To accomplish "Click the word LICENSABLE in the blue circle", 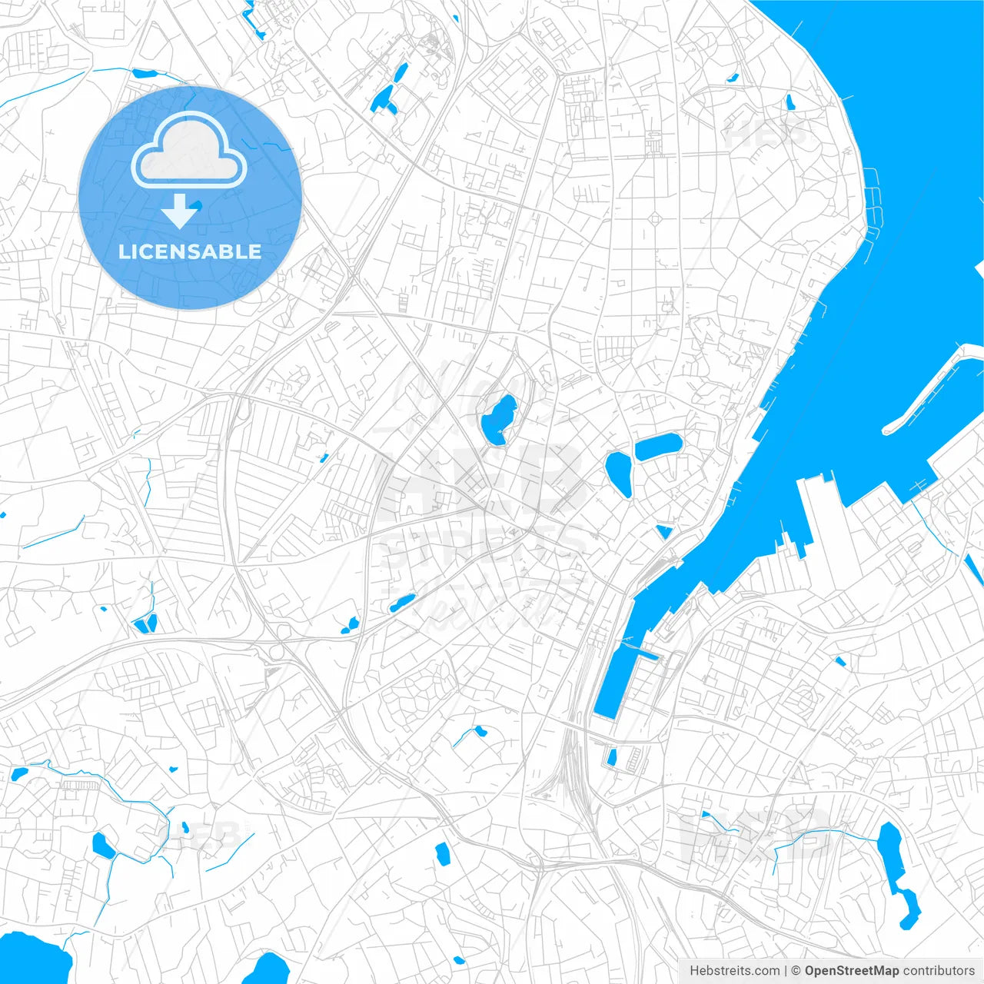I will (190, 252).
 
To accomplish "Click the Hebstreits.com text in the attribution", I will (735, 971).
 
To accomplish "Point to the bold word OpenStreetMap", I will (851, 971).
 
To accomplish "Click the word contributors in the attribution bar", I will (938, 971).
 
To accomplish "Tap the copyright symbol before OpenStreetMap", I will (796, 971).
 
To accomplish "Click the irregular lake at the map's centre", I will (498, 420).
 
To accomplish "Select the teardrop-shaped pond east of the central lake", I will (619, 473).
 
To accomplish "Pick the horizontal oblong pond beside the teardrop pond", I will (657, 446).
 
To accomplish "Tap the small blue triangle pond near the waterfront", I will (664, 531).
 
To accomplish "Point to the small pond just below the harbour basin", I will (612, 757).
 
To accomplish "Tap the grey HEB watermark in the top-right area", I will (765, 135).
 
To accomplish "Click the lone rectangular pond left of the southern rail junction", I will (442, 852).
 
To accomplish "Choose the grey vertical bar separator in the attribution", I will (786, 971).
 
